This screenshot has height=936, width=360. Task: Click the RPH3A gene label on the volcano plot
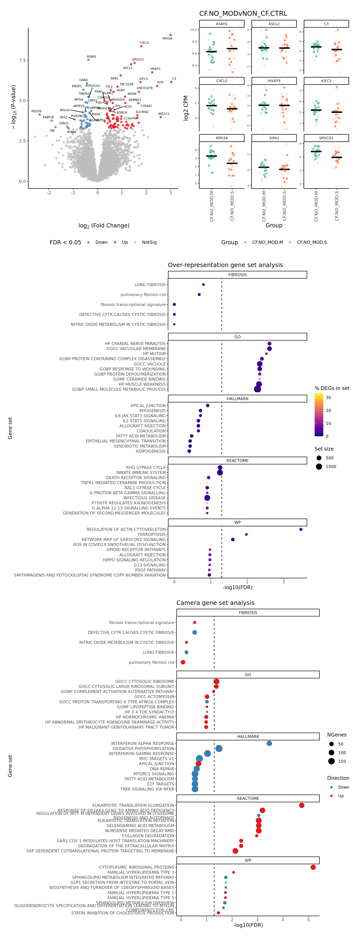[x=167, y=38]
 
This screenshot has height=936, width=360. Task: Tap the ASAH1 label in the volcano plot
[x=91, y=57]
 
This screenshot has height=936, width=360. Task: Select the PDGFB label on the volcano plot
[x=36, y=112]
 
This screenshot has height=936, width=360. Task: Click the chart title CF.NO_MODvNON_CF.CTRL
[x=243, y=13]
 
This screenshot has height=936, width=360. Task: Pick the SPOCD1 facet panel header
[x=326, y=138]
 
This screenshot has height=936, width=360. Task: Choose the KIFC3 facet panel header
[x=326, y=81]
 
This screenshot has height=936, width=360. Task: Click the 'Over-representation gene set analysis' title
[x=225, y=265]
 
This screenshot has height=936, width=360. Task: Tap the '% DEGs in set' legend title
[x=332, y=388]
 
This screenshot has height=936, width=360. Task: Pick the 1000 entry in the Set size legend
[x=331, y=466]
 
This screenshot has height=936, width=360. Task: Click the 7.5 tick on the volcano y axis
[x=22, y=60]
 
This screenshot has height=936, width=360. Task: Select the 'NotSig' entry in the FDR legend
[x=149, y=242]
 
